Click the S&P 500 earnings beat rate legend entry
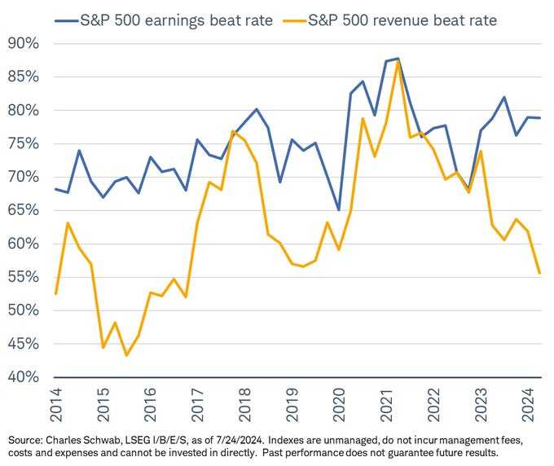pyautogui.click(x=159, y=19)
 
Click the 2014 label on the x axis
pyautogui.click(x=55, y=401)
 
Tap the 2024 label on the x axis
pyautogui.click(x=528, y=401)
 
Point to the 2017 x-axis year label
pyautogui.click(x=197, y=401)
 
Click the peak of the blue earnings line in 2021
pyautogui.click(x=397, y=59)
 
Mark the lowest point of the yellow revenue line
pyautogui.click(x=126, y=355)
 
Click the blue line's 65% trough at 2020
pyautogui.click(x=338, y=210)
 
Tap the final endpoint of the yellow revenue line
pyautogui.click(x=539, y=273)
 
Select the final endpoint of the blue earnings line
pyautogui.click(x=539, y=118)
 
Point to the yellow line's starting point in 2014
pyautogui.click(x=55, y=293)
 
